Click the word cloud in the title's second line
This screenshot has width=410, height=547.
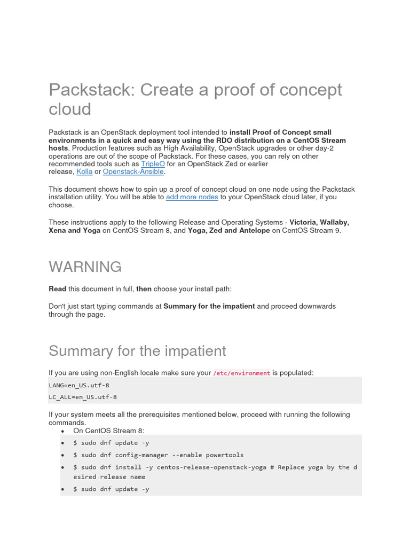70,109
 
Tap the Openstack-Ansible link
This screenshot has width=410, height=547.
133,172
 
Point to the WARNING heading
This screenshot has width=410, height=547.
85,267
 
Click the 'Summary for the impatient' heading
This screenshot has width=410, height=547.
137,351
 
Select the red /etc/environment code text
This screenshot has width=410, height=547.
242,373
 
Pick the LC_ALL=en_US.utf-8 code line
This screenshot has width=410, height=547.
83,397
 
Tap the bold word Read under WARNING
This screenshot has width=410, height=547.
58,289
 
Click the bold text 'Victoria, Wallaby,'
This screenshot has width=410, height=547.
319,222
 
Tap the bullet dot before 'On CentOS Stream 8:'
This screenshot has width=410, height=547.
63,431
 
